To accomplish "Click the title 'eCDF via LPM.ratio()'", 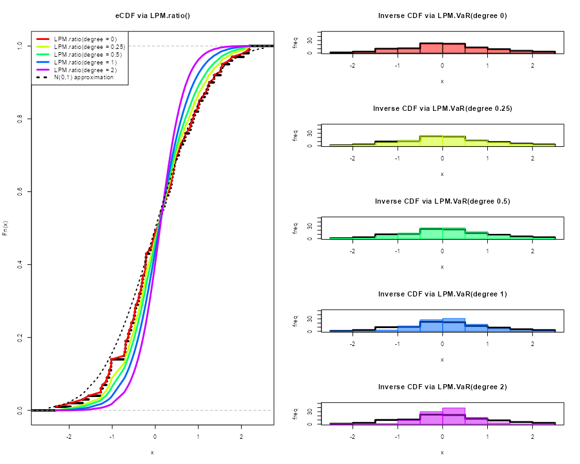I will (152, 15).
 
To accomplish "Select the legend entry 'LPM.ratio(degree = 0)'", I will (85, 39).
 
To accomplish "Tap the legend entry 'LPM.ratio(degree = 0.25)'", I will (89, 47).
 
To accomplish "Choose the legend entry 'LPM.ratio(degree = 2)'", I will (85, 70).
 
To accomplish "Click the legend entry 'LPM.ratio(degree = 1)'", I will (85, 62).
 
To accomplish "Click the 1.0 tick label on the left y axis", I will (21, 46).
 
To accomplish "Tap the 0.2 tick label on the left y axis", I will (21, 337).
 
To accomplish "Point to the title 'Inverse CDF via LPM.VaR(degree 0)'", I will (442, 15).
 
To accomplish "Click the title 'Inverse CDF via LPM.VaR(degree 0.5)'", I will (442, 201).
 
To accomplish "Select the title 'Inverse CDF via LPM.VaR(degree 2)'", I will (442, 387).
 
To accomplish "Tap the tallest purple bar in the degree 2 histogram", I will (454, 416).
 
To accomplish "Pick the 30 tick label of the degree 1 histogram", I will (309, 318).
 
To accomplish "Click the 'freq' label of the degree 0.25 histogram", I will (295, 136).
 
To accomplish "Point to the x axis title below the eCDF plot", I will (152, 452).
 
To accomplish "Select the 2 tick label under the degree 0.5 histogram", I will (532, 251).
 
